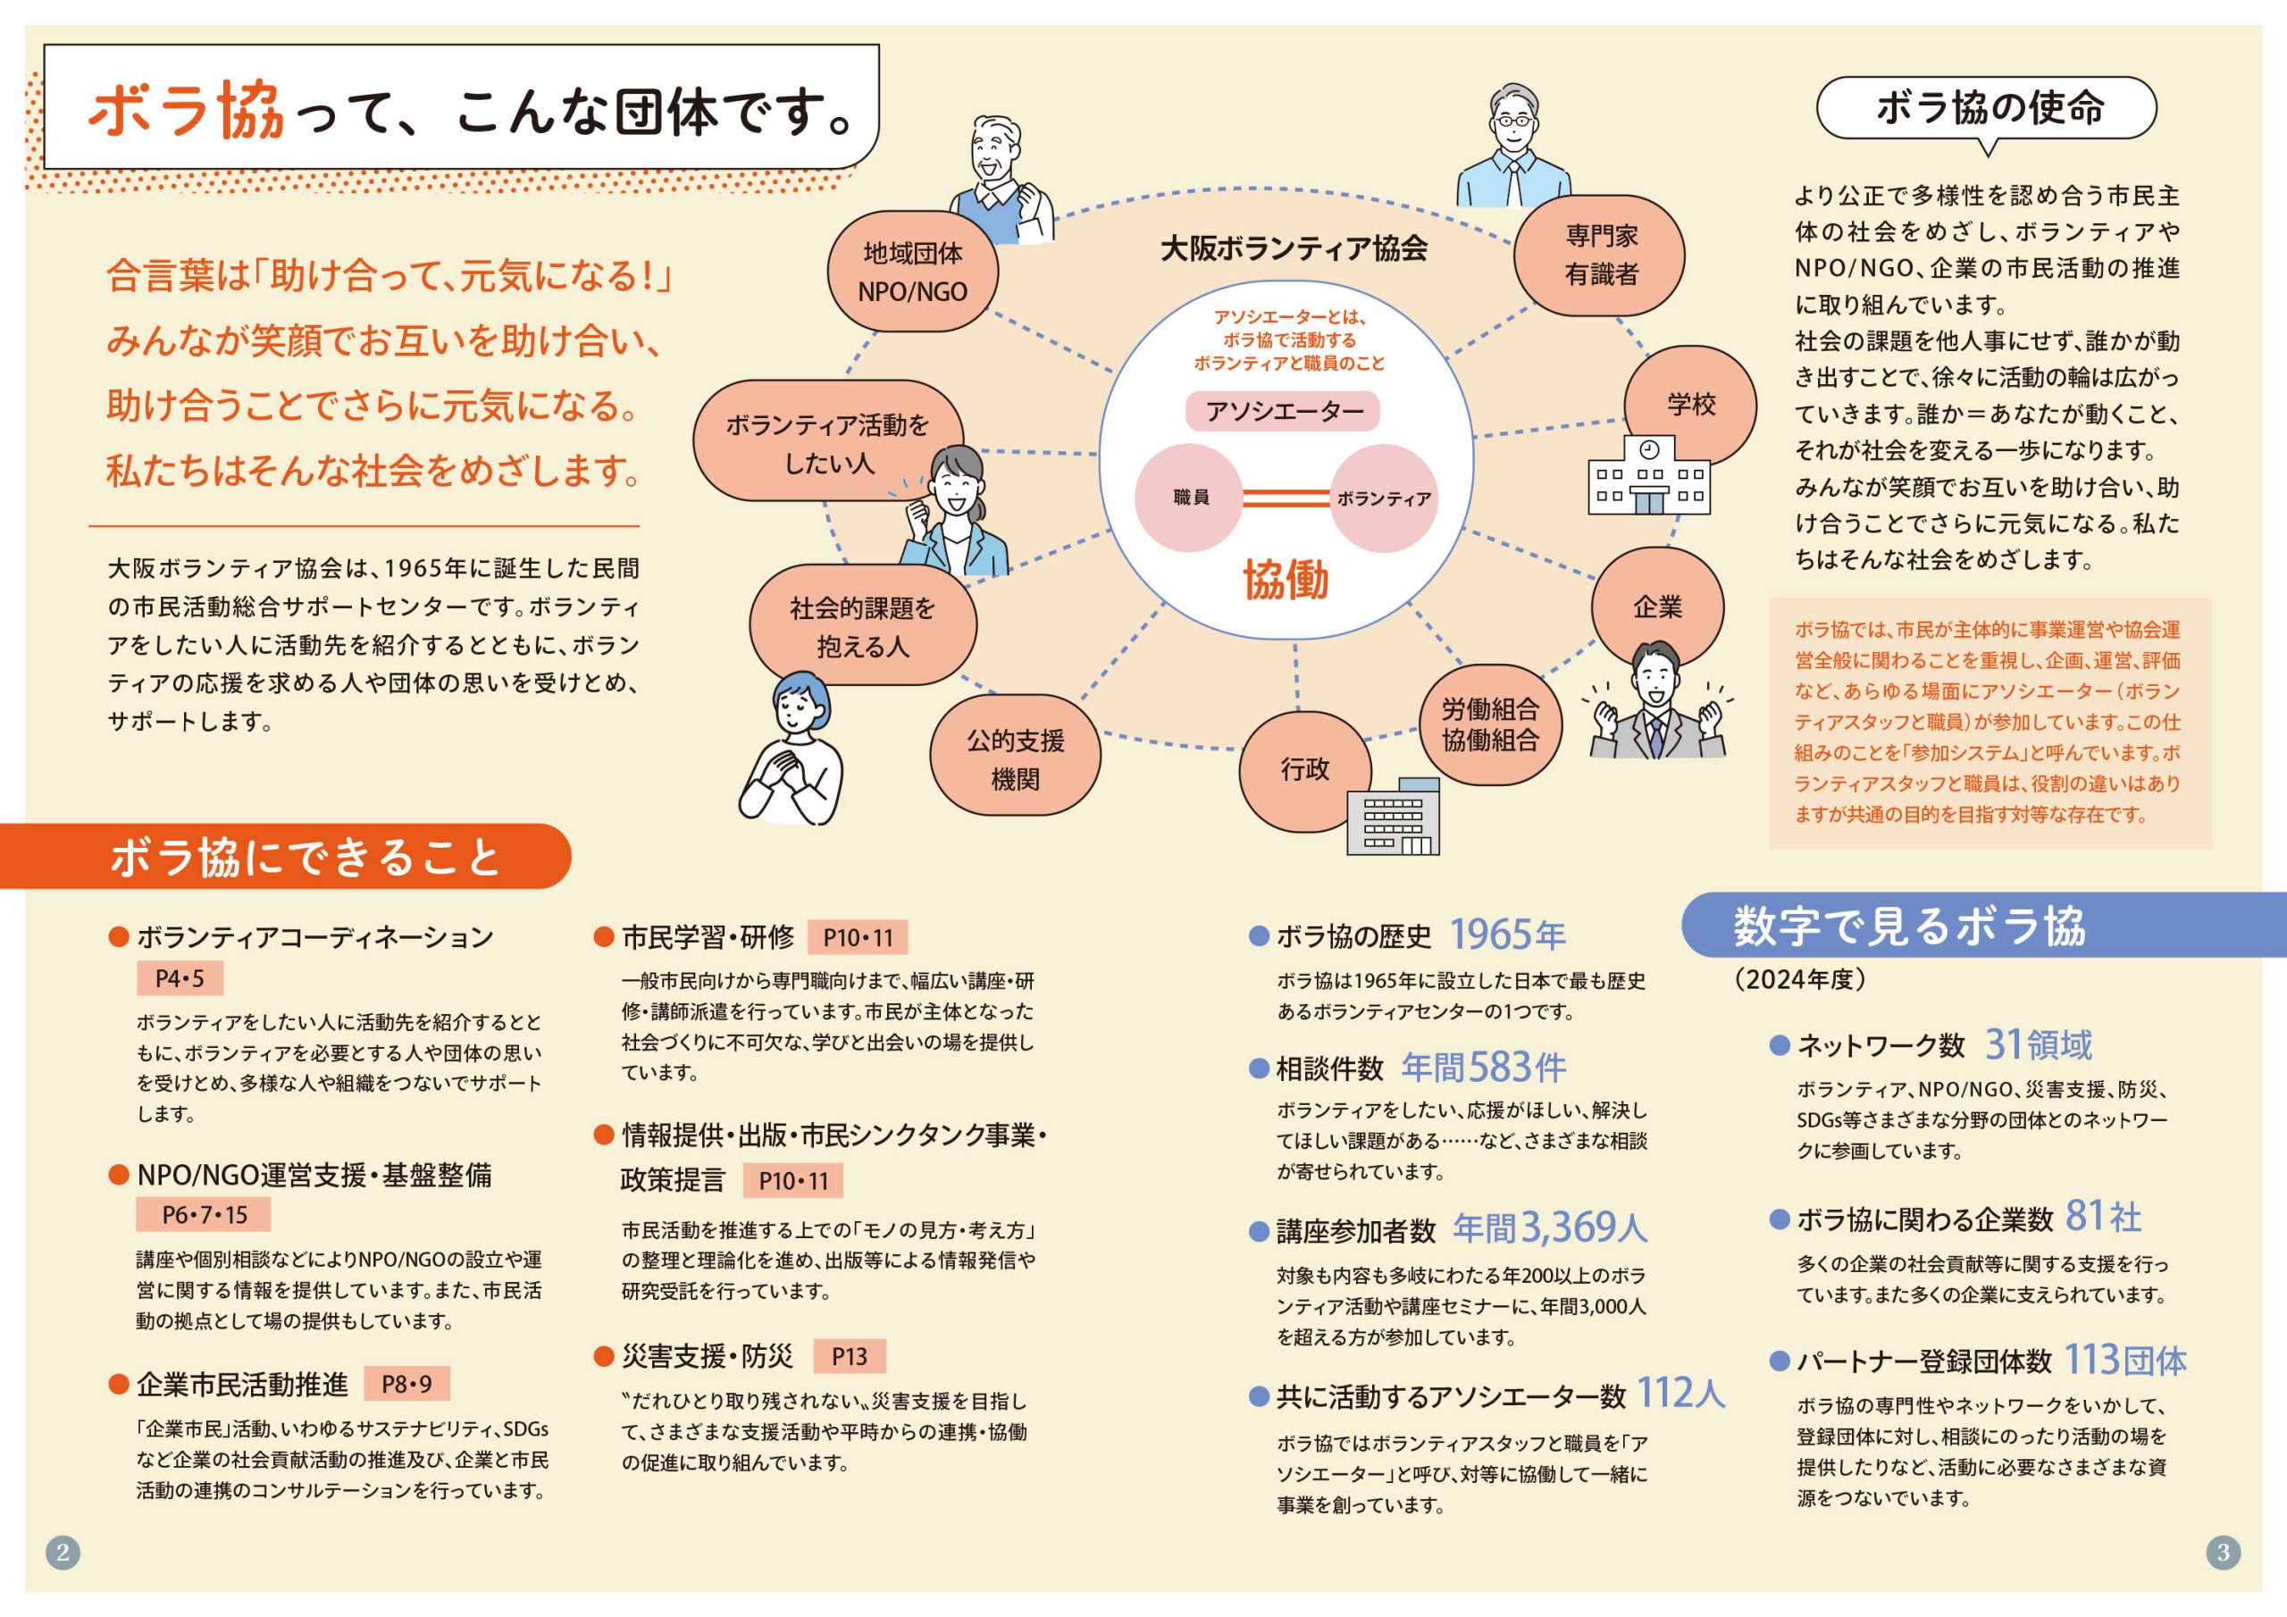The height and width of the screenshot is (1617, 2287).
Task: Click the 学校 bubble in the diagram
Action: click(1690, 404)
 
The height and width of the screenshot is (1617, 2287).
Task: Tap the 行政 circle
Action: click(1305, 769)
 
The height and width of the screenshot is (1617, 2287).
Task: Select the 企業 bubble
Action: click(1656, 607)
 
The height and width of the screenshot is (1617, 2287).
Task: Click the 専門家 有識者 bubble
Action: click(1600, 255)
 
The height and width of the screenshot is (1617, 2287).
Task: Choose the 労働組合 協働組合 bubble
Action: click(1490, 725)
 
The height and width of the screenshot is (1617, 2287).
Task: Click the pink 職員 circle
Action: click(1189, 497)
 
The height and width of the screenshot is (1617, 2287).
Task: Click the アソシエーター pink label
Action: click(1283, 410)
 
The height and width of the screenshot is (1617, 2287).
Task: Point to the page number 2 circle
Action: click(63, 1551)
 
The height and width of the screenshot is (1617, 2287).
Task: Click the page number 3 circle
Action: click(2224, 1551)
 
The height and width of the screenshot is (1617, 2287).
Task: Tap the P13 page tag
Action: click(849, 1356)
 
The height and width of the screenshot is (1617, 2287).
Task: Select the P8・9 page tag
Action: click(406, 1384)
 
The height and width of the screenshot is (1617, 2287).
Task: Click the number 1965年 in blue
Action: click(1507, 934)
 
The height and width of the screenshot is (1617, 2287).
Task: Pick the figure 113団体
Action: click(2124, 1360)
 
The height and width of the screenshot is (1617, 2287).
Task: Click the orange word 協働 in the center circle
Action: click(1285, 580)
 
